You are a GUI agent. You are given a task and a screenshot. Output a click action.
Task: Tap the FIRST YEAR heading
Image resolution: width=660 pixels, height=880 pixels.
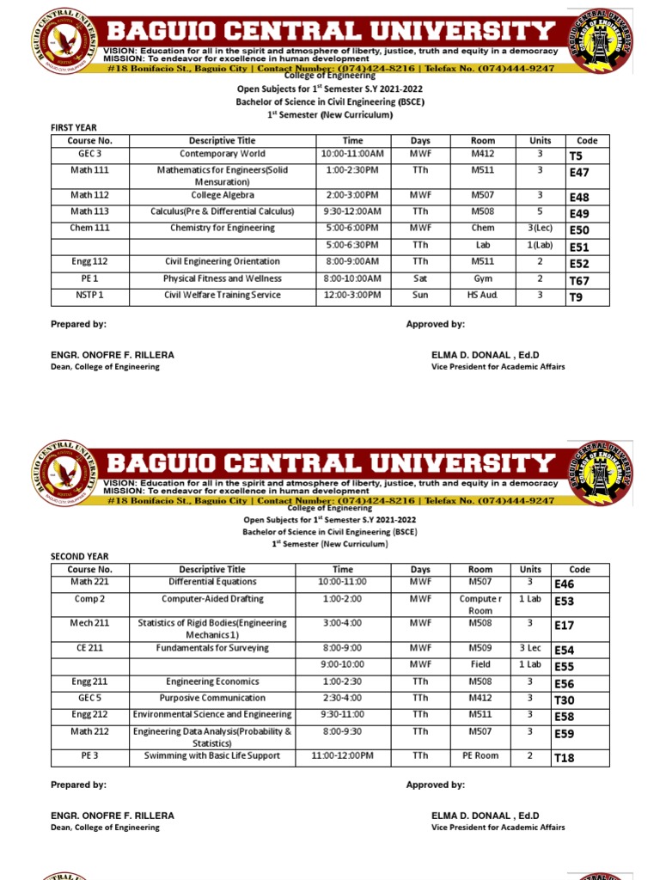pyautogui.click(x=75, y=127)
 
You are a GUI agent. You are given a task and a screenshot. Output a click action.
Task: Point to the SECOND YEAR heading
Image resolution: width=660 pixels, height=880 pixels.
pyautogui.click(x=80, y=556)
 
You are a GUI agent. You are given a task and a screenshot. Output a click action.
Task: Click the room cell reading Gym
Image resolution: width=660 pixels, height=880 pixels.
pyautogui.click(x=483, y=279)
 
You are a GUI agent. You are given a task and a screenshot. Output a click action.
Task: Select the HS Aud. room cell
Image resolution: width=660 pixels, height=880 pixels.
pyautogui.click(x=483, y=296)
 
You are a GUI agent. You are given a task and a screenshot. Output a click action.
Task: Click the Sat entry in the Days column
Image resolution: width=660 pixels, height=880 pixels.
pyautogui.click(x=420, y=279)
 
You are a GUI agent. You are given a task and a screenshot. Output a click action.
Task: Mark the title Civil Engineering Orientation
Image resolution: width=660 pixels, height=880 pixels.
pyautogui.click(x=223, y=261)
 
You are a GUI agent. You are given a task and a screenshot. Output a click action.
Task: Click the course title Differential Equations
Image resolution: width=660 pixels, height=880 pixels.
pyautogui.click(x=212, y=582)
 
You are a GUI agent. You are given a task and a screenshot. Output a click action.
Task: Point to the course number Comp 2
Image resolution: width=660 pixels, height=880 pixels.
pyautogui.click(x=89, y=599)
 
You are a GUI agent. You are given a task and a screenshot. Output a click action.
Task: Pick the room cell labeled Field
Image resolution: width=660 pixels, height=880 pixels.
pyautogui.click(x=480, y=664)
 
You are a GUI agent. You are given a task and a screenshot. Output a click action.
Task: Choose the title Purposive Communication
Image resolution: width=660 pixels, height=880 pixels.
pyautogui.click(x=212, y=698)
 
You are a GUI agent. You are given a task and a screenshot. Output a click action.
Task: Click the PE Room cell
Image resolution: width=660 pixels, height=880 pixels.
pyautogui.click(x=480, y=756)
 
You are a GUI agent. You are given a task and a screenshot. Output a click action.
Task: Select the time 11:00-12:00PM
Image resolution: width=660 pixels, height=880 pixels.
pyautogui.click(x=343, y=756)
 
